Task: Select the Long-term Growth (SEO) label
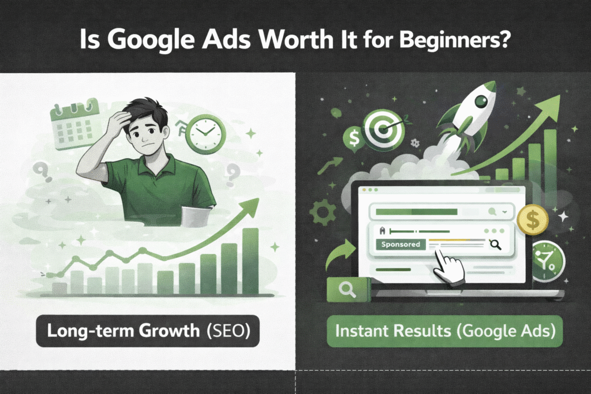(x=148, y=331)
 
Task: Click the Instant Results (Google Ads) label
(x=445, y=331)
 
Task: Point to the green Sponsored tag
(x=401, y=244)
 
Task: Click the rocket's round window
(x=481, y=100)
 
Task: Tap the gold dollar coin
(x=533, y=220)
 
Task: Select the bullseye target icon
(x=384, y=131)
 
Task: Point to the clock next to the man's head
(x=205, y=134)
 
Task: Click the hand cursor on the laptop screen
(x=448, y=268)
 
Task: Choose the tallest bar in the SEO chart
(x=250, y=261)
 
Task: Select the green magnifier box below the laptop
(x=349, y=289)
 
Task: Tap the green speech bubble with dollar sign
(x=354, y=138)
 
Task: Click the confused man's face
(x=146, y=135)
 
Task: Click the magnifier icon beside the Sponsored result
(x=495, y=245)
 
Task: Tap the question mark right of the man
(x=233, y=176)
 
